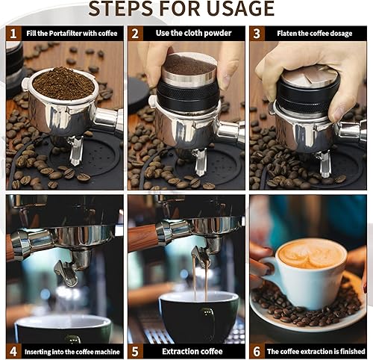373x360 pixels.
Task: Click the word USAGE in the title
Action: pyautogui.click(x=238, y=9)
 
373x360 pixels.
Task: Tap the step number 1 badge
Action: pyautogui.click(x=13, y=34)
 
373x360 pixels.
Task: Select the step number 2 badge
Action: pyautogui.click(x=135, y=34)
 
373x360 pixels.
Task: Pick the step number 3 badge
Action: pyautogui.click(x=257, y=34)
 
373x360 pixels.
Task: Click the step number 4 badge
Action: pyautogui.click(x=13, y=350)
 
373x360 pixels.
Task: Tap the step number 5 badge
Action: pyautogui.click(x=135, y=350)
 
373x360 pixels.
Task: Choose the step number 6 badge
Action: pyautogui.click(x=257, y=350)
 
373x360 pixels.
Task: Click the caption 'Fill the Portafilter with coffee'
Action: pyautogui.click(x=72, y=34)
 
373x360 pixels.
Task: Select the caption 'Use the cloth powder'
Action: pyautogui.click(x=192, y=34)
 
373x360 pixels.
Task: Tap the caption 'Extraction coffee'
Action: pyautogui.click(x=192, y=350)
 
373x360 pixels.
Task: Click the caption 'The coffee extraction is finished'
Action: pyautogui.click(x=314, y=350)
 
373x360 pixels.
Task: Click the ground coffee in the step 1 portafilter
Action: pyautogui.click(x=63, y=82)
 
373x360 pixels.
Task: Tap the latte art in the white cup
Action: pyautogui.click(x=312, y=254)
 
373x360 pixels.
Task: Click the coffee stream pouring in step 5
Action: pyautogui.click(x=199, y=284)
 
